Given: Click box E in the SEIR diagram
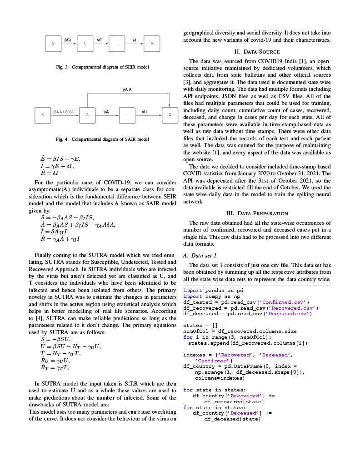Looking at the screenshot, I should click(x=85, y=43).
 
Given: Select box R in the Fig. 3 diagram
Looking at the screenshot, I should click(x=152, y=43).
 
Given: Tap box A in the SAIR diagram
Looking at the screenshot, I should click(x=87, y=115).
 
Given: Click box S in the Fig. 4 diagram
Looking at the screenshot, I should click(x=43, y=115).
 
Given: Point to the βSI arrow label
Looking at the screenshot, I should click(x=68, y=40).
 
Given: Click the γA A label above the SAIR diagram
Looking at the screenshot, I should click(x=127, y=89).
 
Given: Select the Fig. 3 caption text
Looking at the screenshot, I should click(x=102, y=67).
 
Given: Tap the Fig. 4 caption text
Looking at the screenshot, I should click(x=102, y=139).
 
